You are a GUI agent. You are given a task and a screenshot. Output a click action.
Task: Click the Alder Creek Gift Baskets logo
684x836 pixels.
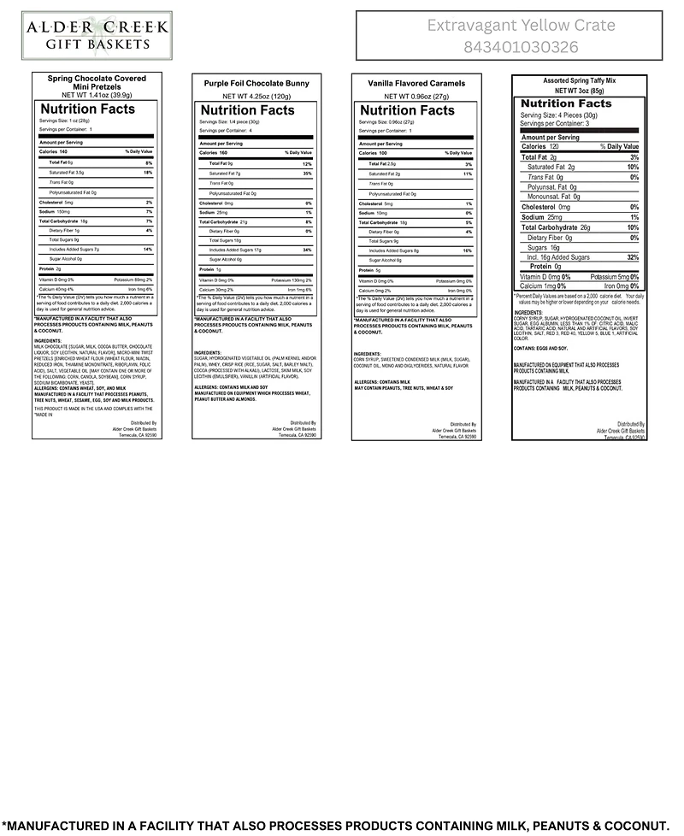(96, 35)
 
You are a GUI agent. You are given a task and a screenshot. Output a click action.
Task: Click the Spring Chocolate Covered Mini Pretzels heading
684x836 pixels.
(96, 83)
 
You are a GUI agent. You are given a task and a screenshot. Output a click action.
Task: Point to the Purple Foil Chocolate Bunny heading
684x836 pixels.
(256, 84)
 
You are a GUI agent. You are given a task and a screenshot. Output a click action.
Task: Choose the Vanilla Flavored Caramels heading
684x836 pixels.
(416, 84)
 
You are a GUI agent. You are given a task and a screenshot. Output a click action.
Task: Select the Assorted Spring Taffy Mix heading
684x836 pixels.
(579, 81)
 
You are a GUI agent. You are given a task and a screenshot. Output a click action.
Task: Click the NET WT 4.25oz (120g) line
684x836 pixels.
(256, 97)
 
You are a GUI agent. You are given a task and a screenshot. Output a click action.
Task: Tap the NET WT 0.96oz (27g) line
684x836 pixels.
(416, 97)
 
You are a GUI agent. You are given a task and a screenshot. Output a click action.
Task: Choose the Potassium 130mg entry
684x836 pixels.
(292, 280)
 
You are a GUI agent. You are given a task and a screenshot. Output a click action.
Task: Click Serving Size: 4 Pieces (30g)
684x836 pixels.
(556, 115)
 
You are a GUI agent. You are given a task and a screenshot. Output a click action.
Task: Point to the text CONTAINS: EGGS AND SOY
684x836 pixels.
(540, 349)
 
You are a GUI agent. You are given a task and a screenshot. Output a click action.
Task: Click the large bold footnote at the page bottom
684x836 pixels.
(342, 826)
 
